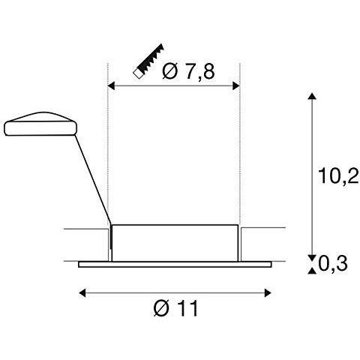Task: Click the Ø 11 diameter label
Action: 178,307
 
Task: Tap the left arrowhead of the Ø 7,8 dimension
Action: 112,87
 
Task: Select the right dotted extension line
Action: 239,150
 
